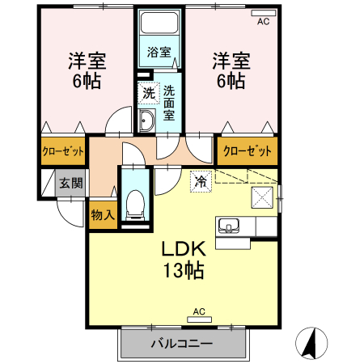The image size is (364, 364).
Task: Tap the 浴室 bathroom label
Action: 159,53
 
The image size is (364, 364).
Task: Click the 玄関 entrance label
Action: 70,184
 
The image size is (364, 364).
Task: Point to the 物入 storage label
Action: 103,215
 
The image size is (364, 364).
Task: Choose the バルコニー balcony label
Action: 181,345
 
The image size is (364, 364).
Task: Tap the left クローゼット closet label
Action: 63,150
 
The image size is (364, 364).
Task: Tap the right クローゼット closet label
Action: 246,150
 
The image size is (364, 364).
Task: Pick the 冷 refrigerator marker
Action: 200,181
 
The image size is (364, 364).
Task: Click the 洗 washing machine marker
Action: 148,93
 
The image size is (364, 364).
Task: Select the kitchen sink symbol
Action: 227,225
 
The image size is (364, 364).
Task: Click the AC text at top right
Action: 263,22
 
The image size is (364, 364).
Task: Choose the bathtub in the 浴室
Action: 159,23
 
